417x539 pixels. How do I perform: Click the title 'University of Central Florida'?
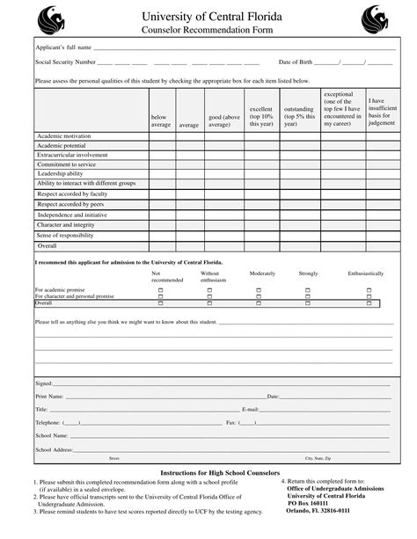click(x=208, y=14)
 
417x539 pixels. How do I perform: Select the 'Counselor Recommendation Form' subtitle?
click(x=208, y=30)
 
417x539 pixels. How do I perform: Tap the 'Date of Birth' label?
click(x=295, y=62)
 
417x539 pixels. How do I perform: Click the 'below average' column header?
click(x=160, y=120)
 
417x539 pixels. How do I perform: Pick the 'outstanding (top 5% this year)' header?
click(x=299, y=117)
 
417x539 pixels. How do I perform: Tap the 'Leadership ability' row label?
click(x=60, y=173)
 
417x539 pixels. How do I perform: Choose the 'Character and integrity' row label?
click(x=65, y=224)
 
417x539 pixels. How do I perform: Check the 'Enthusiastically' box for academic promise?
click(x=369, y=289)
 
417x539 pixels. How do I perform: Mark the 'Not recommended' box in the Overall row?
click(x=160, y=303)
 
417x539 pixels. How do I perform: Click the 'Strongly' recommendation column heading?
click(x=308, y=273)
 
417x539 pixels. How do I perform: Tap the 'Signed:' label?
click(x=44, y=383)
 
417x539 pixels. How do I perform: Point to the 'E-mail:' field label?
click(x=251, y=410)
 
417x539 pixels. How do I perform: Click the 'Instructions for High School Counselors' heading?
click(x=208, y=473)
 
